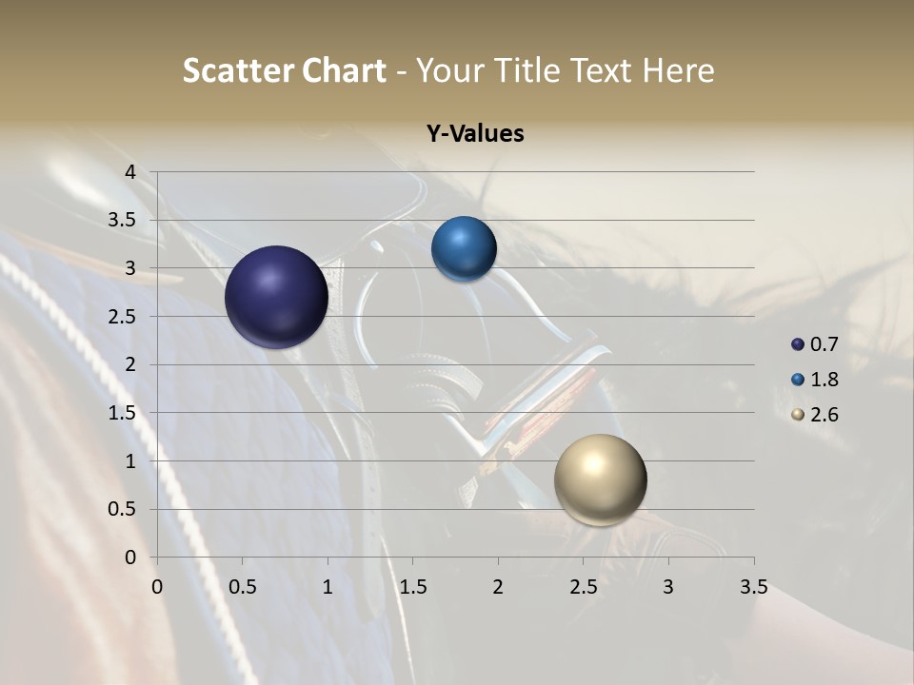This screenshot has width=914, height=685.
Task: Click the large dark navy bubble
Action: [x=277, y=297]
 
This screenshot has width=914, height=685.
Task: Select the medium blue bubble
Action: [x=464, y=249]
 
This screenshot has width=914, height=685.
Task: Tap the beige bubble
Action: [x=600, y=479]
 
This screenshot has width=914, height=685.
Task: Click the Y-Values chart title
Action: [x=475, y=134]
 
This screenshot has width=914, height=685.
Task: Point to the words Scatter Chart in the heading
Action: [x=284, y=70]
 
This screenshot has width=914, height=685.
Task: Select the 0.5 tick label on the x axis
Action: [x=243, y=587]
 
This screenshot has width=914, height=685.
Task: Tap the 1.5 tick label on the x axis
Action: [x=412, y=587]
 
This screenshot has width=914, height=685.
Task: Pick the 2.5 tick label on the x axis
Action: [x=583, y=587]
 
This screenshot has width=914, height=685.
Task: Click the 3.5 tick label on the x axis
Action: [x=753, y=587]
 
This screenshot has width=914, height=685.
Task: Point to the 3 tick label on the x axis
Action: [x=668, y=587]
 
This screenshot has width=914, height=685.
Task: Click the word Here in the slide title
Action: [x=678, y=70]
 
